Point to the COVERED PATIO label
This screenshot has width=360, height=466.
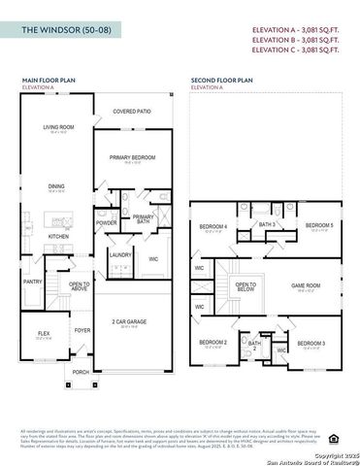[x=132, y=112]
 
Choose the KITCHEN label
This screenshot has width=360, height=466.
[x=59, y=236]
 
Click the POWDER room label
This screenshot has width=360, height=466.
[x=107, y=222]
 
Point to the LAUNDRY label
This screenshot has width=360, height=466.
[x=121, y=254]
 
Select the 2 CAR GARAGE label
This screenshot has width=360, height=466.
[x=130, y=320]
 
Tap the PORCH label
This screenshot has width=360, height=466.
[x=81, y=372]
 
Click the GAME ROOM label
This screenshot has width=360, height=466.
[x=307, y=285]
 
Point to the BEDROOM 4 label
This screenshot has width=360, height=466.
[x=213, y=226]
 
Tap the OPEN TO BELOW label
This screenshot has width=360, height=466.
[x=245, y=286]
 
